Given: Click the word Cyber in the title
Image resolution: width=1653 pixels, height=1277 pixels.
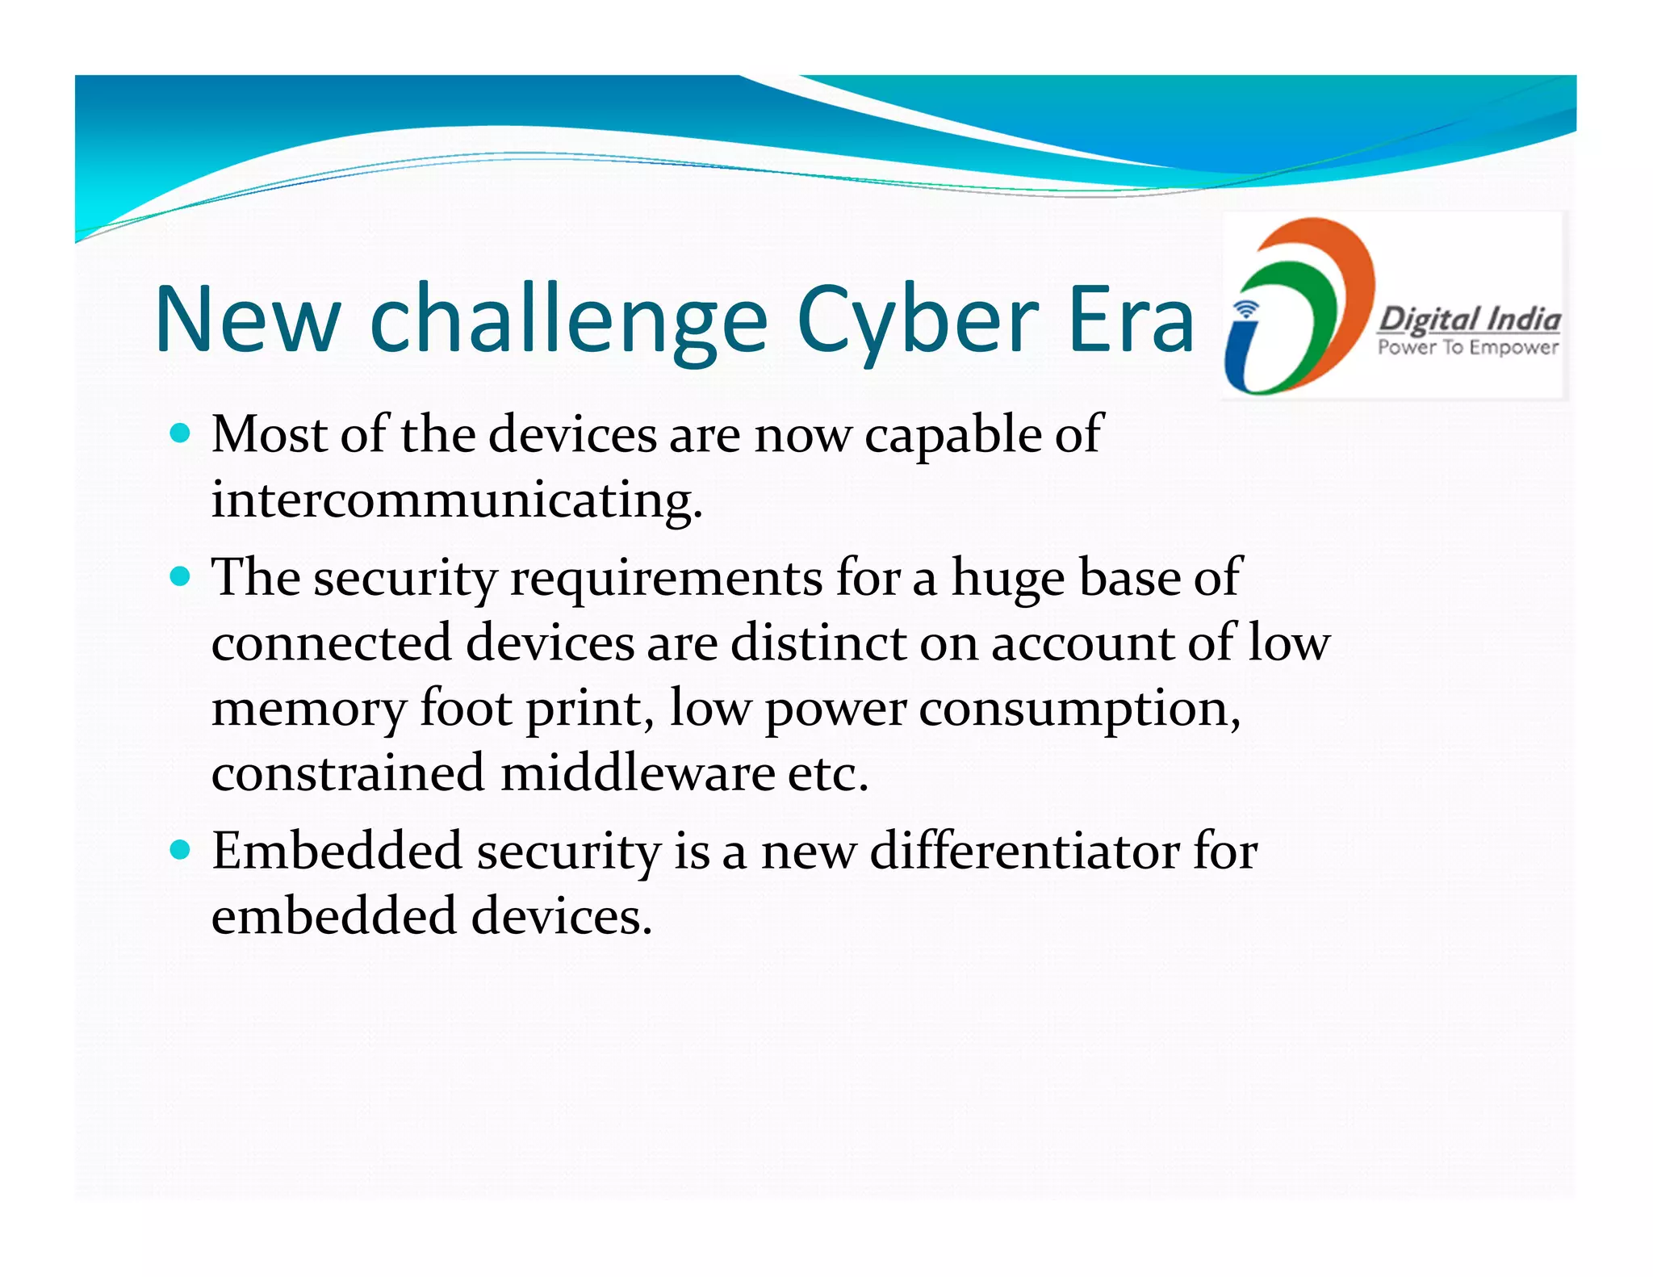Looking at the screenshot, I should tap(918, 321).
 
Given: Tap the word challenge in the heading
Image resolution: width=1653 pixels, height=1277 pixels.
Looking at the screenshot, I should tap(568, 321).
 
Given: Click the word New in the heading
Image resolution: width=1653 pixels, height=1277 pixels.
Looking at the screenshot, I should tap(248, 321).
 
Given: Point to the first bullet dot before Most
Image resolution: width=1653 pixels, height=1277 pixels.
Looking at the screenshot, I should tap(181, 433).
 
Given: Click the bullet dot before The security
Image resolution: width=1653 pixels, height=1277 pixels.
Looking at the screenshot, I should tap(181, 576).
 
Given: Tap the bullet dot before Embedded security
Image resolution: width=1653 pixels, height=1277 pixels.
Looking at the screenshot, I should tap(181, 849).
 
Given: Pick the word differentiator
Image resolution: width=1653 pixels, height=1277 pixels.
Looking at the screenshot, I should tap(1024, 851).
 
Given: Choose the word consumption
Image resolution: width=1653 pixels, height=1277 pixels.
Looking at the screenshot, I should tap(1079, 709).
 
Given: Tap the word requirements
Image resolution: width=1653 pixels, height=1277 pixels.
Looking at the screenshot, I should tap(667, 578).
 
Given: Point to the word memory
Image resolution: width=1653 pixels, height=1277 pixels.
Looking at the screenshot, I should tap(309, 709).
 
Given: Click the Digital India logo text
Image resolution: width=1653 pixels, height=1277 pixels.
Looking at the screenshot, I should tap(1468, 320).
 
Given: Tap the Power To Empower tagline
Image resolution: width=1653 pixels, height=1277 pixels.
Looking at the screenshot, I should tap(1468, 348).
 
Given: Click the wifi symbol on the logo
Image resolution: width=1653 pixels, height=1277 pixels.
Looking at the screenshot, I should tap(1247, 309).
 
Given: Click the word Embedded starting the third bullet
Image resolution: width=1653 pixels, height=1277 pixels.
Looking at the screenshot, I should tap(337, 851).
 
